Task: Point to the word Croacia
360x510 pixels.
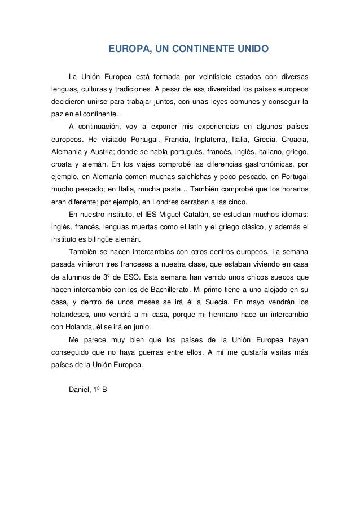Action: coord(294,139)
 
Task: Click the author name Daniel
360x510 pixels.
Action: coord(80,390)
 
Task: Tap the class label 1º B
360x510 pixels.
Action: coord(105,390)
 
